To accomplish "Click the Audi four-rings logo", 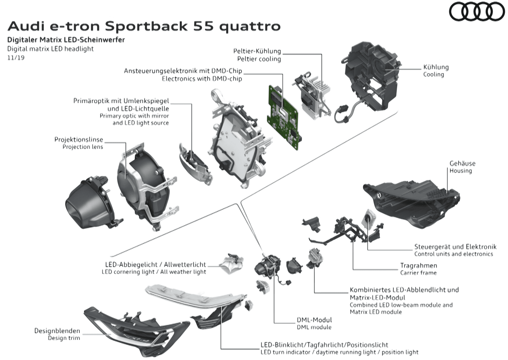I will [477, 13].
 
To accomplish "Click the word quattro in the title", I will [250, 26].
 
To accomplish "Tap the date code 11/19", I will [16, 57].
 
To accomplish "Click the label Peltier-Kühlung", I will [257, 51].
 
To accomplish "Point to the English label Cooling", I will [433, 74].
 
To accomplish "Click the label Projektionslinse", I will [78, 140].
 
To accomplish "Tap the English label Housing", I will [460, 171].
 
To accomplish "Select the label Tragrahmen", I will [418, 265].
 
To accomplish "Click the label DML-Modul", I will [314, 320].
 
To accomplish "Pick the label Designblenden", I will [57, 331].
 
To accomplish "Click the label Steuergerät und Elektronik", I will [455, 246].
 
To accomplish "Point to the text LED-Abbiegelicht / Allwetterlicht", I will [155, 264].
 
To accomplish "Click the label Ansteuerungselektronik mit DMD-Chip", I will [183, 71].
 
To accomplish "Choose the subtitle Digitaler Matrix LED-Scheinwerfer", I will [66, 40].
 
